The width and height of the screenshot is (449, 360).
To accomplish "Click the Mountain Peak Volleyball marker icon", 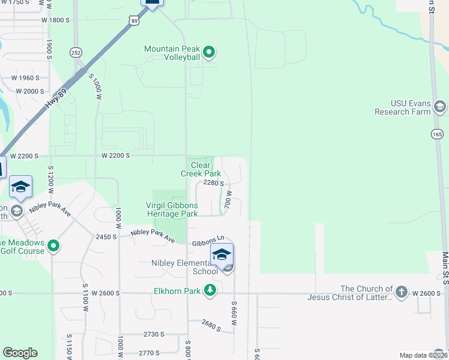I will (x=209, y=53).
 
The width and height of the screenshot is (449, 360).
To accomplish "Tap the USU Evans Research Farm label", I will (x=403, y=107).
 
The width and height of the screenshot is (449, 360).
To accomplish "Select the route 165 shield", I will (x=437, y=134).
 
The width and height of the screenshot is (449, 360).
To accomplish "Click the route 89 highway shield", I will (x=135, y=20).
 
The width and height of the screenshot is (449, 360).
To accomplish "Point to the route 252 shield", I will (x=76, y=52).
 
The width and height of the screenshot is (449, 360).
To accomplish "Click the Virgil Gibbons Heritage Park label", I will (x=172, y=209).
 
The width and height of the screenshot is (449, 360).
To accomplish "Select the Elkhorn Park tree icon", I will (x=210, y=291).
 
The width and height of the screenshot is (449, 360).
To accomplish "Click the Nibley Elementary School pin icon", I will (x=221, y=256).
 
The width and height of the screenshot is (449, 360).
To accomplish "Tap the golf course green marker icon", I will (x=53, y=246).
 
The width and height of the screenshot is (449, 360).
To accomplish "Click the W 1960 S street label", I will (x=25, y=78).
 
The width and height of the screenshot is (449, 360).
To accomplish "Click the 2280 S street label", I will (x=214, y=184).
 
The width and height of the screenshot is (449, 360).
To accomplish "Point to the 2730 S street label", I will (x=154, y=334).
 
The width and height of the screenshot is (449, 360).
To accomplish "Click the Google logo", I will (x=20, y=353).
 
